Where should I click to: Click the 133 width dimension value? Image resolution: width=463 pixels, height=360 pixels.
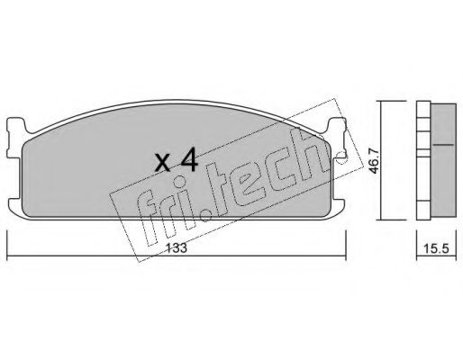[x=177, y=247]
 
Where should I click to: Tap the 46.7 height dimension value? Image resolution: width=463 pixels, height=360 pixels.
[x=375, y=161]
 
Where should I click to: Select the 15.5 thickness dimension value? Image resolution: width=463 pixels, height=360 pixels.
[x=436, y=248]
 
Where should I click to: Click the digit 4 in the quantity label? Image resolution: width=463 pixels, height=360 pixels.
[x=188, y=161]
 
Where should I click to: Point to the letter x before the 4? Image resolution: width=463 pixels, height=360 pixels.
[x=164, y=164]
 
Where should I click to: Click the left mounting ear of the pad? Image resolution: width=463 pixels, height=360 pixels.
[x=15, y=137]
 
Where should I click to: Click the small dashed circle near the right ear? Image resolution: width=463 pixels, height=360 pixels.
[x=341, y=158]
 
